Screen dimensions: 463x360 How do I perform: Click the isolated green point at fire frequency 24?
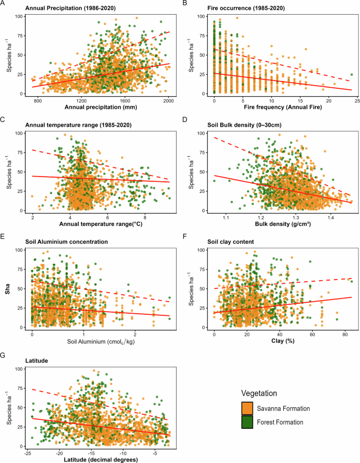tap(352, 75)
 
